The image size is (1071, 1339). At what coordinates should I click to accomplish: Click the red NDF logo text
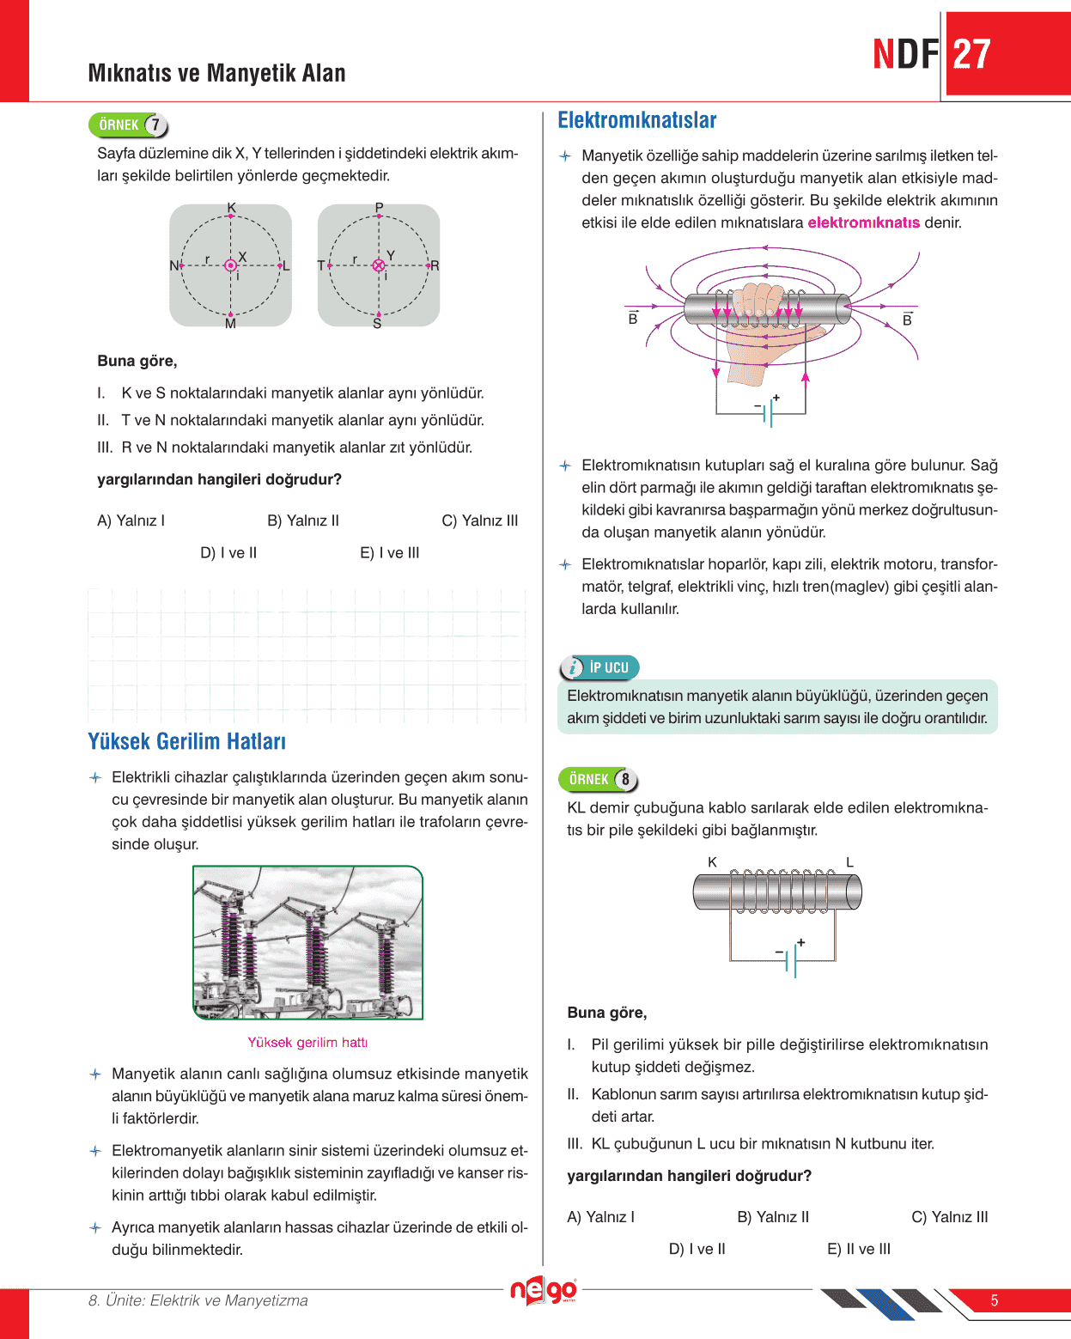point(905,54)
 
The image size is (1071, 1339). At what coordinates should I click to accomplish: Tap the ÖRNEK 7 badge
point(128,125)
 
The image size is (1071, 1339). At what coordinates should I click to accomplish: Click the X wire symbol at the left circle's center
point(230,265)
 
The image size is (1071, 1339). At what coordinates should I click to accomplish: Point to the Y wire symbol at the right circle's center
point(379,265)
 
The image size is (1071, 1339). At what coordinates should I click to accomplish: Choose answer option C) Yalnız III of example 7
point(479,520)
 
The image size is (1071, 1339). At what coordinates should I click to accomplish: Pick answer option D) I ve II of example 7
point(228,553)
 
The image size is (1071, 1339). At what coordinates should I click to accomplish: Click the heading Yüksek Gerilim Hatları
point(186,741)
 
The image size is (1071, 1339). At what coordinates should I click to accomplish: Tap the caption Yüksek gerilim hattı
point(307,1043)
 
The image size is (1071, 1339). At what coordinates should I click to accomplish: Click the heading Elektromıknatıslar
point(636,120)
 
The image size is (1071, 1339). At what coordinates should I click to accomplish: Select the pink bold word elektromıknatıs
point(863,223)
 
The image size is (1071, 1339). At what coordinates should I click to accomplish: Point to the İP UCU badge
point(599,667)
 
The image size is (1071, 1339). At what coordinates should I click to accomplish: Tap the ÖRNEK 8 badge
point(598,779)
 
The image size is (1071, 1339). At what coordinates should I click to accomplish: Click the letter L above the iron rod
point(849,862)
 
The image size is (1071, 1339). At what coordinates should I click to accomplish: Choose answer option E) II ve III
point(858,1249)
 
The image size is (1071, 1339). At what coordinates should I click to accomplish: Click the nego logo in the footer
point(543,1290)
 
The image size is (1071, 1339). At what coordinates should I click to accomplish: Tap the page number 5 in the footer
point(994,1300)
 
